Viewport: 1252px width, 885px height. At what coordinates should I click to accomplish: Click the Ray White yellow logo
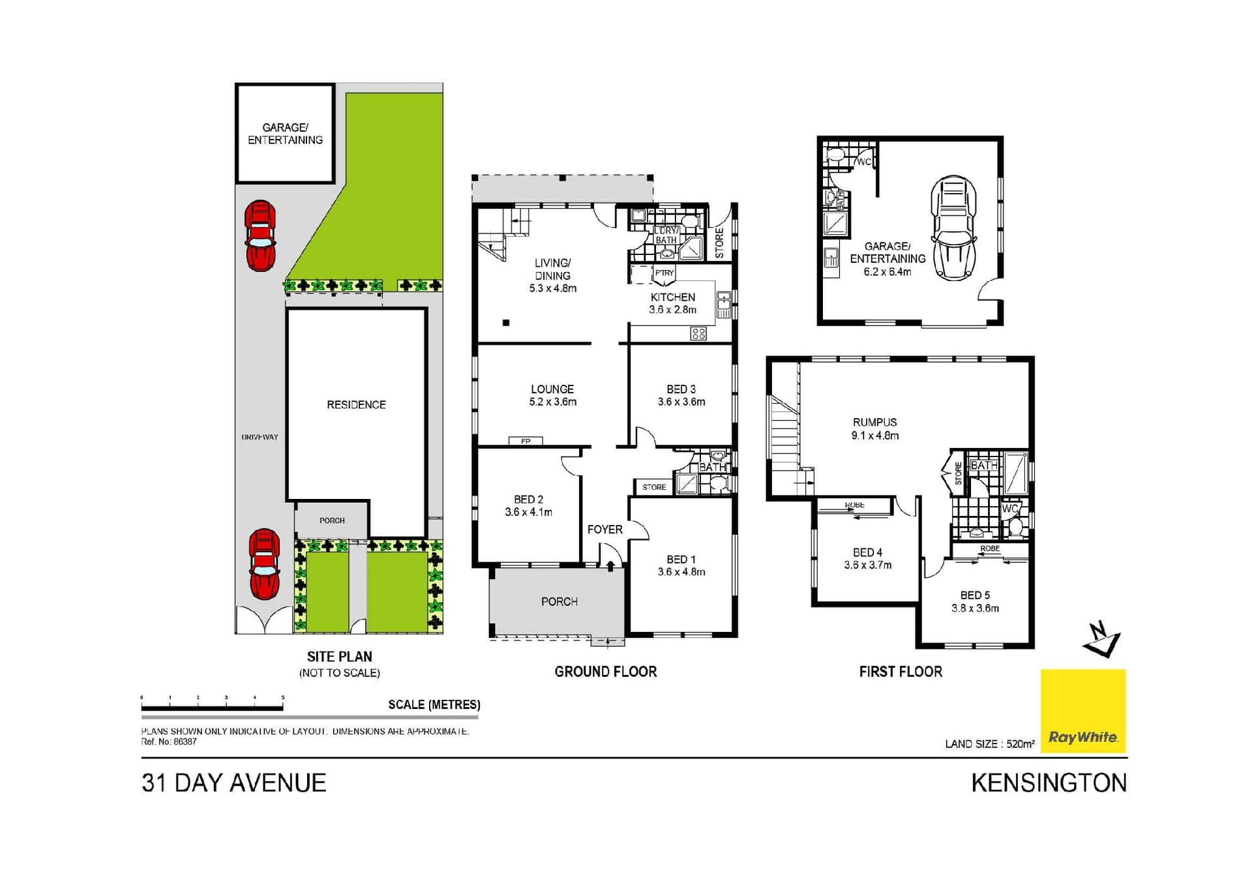(1082, 710)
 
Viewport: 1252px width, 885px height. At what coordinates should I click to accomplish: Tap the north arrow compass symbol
(1101, 640)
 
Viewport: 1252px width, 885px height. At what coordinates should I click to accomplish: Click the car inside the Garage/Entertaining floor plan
(953, 228)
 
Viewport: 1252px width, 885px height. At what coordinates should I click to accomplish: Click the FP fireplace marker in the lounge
(526, 442)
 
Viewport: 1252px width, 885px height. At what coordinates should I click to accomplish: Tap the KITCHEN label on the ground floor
(672, 297)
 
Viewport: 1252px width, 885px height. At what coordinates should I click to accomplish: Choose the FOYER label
(604, 530)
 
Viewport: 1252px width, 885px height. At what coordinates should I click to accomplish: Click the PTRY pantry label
(664, 273)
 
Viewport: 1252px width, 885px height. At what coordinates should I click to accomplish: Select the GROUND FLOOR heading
(605, 672)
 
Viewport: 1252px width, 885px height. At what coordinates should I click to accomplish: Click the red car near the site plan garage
(260, 235)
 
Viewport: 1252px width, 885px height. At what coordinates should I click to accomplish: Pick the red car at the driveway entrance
(264, 563)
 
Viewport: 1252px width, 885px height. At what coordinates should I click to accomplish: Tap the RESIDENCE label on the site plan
(356, 405)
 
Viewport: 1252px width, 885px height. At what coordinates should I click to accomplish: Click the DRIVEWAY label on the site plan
(260, 437)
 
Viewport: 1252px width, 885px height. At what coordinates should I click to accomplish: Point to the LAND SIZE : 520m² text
(989, 743)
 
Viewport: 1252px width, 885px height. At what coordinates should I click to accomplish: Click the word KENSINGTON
(1049, 783)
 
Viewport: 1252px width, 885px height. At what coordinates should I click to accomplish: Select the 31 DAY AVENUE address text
(233, 783)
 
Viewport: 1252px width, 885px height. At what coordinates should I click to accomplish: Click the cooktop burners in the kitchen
(698, 334)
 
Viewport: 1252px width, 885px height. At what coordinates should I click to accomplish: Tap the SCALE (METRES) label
(434, 704)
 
